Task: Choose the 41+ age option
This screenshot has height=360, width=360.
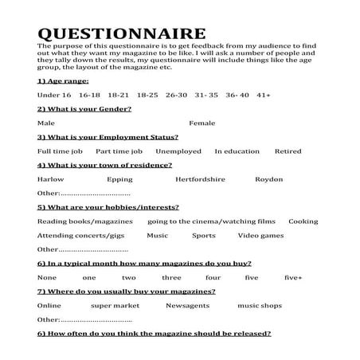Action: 264,95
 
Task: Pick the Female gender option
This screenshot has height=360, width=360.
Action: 202,123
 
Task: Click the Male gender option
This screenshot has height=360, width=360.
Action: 45,123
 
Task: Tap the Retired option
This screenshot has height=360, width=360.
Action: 288,151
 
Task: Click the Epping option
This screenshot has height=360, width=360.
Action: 119,179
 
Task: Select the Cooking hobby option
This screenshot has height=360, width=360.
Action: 303,221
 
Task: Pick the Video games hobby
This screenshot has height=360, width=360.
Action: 260,236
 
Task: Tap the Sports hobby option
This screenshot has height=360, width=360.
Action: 203,236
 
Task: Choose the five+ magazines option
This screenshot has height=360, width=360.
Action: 292,278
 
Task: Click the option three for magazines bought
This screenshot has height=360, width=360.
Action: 171,278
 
